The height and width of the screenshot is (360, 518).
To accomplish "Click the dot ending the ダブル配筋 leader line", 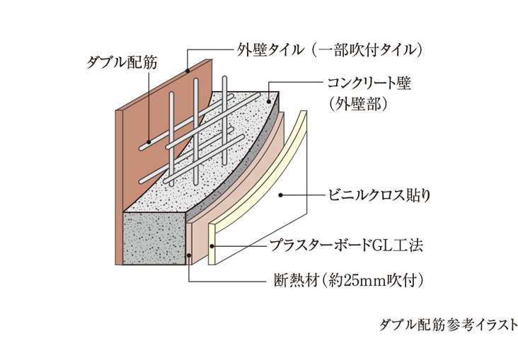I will (x=148, y=141).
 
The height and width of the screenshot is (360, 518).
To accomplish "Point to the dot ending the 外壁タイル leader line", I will (x=186, y=71).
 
